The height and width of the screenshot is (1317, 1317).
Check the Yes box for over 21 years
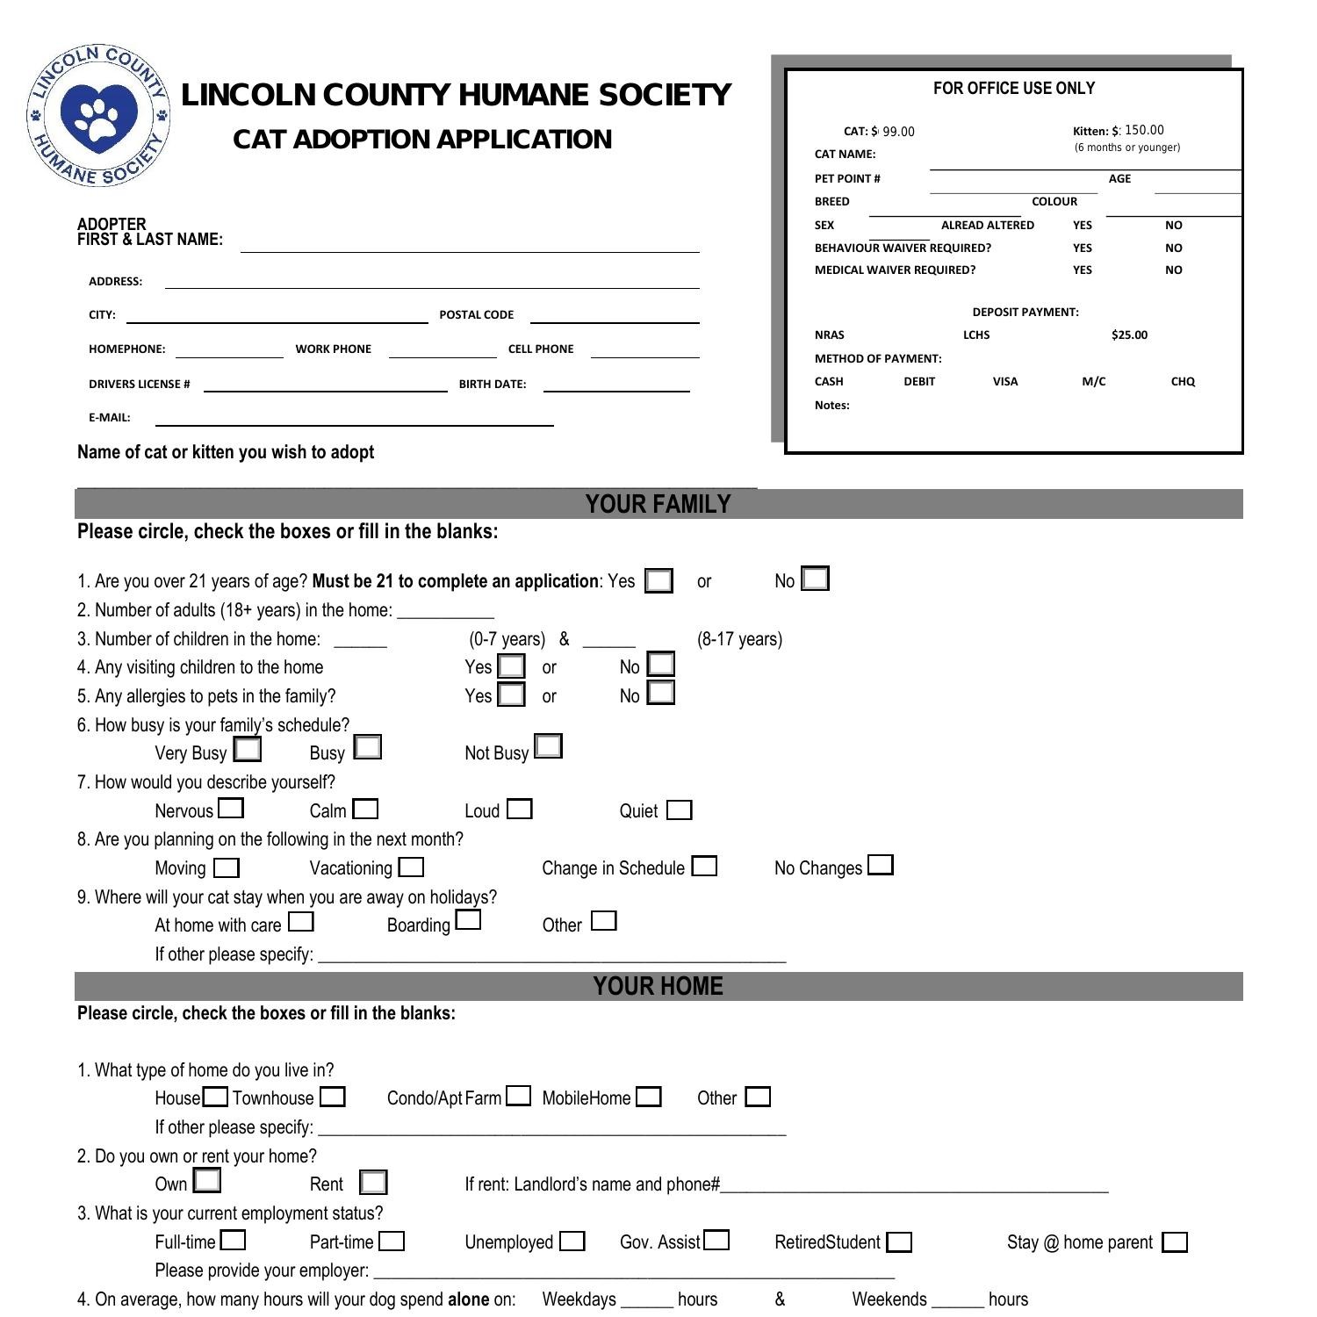coord(658,581)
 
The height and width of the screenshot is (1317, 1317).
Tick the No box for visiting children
coord(661,664)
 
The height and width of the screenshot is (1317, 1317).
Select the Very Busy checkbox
coord(248,749)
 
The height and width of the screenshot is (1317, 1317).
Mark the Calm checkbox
coord(365,809)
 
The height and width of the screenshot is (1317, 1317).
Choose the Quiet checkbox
coord(679,810)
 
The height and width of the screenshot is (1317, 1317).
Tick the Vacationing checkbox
coord(411,867)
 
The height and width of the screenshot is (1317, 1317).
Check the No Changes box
coord(881,865)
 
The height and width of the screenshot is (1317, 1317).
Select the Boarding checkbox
coord(469,920)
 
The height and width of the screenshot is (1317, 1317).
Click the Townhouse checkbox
coord(333,1097)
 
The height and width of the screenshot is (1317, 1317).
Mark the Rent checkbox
coord(373,1183)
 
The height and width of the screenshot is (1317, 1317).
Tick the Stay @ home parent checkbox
coord(1175,1242)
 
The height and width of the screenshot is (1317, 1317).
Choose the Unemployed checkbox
coord(572,1241)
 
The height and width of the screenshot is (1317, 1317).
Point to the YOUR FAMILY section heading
coord(658,504)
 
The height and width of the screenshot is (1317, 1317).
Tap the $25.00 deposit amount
coord(1129,335)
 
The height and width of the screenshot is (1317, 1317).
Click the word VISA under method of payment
coord(1005,381)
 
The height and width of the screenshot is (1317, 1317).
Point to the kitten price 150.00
coord(1144,130)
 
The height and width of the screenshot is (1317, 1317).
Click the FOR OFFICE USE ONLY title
coord(1013,89)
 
